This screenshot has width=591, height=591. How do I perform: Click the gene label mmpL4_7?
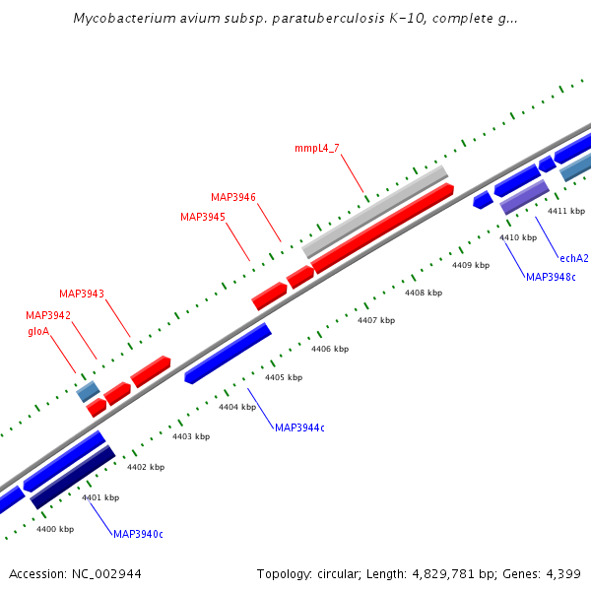[316, 149]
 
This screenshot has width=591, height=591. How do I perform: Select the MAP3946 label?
[233, 197]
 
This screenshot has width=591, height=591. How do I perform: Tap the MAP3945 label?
[203, 217]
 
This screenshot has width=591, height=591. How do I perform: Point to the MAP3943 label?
[82, 294]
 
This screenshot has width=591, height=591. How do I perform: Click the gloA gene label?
[38, 332]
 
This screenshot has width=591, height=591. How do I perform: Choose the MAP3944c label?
[299, 427]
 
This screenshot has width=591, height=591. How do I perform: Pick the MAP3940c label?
[138, 534]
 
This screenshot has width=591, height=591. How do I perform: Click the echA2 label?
[573, 258]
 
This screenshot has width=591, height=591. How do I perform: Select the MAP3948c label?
[551, 277]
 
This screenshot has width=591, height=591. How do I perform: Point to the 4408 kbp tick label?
[424, 293]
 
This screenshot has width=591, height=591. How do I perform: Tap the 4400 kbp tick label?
[55, 529]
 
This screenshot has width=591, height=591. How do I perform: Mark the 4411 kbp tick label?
[566, 211]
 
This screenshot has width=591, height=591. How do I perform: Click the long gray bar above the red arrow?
[375, 212]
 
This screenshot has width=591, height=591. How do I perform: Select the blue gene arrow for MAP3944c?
[228, 353]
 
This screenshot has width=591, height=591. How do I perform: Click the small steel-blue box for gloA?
[88, 391]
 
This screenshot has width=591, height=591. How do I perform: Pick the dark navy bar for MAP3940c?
[73, 478]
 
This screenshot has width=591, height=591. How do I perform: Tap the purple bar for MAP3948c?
[525, 197]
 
